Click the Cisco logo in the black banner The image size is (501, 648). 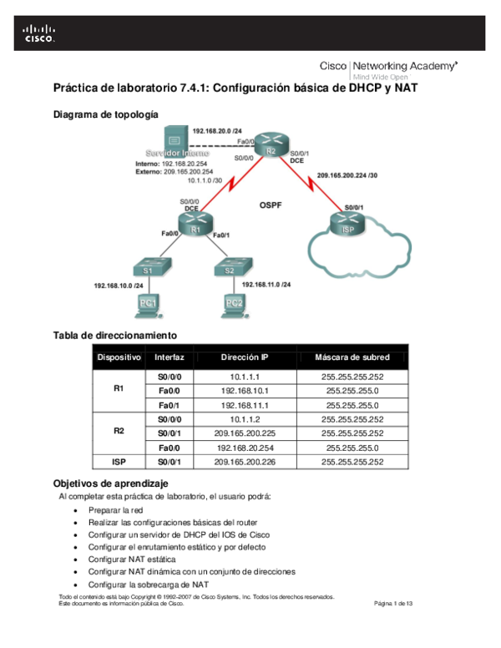click(x=39, y=33)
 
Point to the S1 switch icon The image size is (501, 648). click(x=147, y=268)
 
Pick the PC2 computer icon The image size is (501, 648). click(x=233, y=306)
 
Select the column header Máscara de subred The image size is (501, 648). click(x=352, y=357)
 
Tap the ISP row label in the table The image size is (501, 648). click(x=119, y=461)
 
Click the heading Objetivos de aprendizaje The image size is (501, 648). click(x=110, y=483)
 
